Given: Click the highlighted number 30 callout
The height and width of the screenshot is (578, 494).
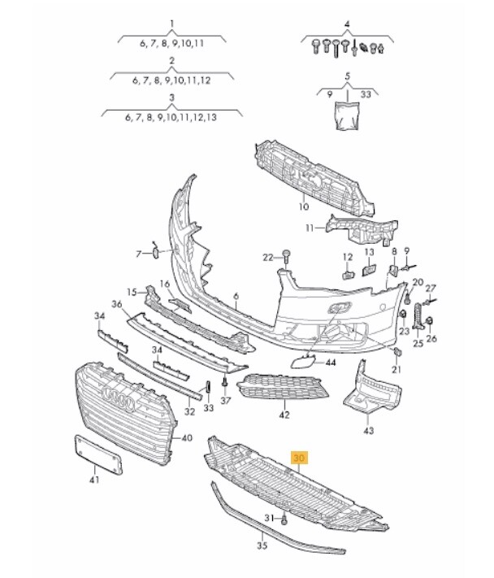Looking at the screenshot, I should coord(301,458).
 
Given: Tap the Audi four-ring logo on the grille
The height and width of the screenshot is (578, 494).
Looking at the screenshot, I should coord(119,401).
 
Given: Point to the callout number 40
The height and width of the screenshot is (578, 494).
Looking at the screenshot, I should coord(186,438).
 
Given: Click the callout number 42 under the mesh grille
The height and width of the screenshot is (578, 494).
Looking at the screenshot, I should coord(284,415).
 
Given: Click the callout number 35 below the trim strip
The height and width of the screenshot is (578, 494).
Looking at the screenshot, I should coord(262,545).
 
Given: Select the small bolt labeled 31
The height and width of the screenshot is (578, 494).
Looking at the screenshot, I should coord(287,519).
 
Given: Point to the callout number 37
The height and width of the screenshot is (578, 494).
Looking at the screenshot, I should coord(226,400).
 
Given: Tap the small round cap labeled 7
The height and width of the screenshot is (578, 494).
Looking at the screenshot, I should coord(154,253).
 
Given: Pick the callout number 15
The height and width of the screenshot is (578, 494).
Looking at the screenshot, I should coord(132,291).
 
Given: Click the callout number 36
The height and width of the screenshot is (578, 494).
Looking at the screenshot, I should coord(116,304).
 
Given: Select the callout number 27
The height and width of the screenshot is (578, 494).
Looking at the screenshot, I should coord(431,288).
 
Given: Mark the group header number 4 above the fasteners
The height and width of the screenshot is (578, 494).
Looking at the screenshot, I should coord(347,24).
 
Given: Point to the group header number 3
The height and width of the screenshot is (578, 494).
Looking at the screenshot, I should coord(171,97).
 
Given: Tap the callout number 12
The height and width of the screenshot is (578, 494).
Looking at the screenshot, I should coord(347,257).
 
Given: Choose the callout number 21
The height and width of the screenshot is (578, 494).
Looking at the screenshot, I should coord(396,370).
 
